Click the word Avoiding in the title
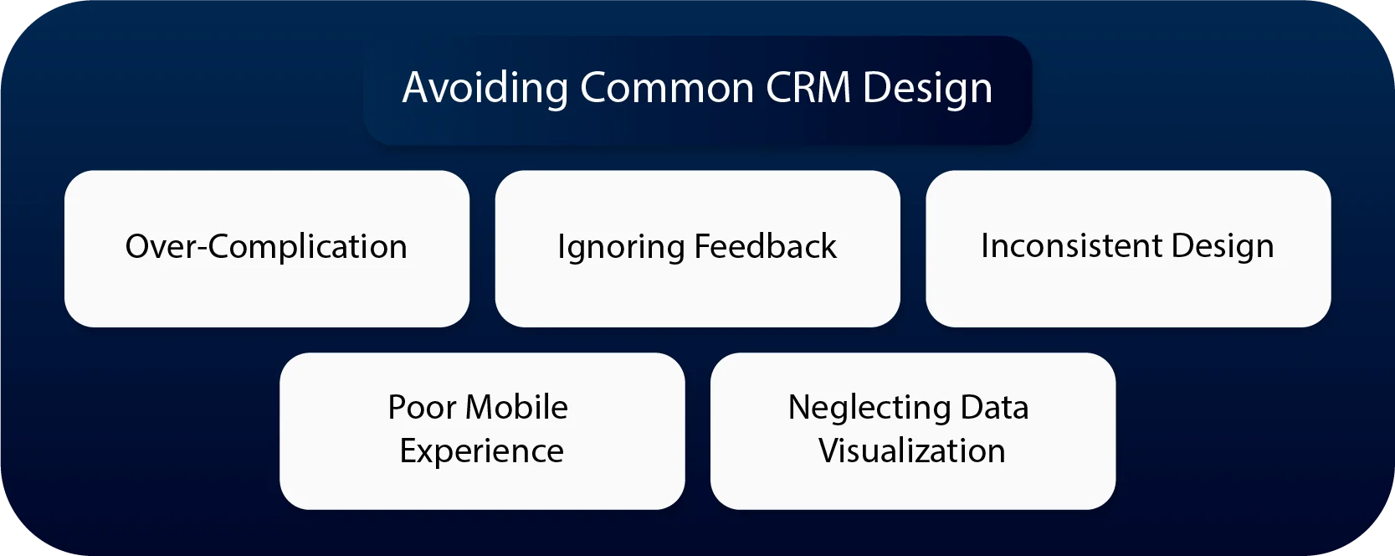click(485, 88)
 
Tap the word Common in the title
click(667, 88)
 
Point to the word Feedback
click(765, 247)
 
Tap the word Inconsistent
click(1071, 246)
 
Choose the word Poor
click(423, 408)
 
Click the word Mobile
click(517, 408)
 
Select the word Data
click(994, 408)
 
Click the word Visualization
click(911, 451)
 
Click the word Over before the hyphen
click(160, 247)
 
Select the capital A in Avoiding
click(416, 88)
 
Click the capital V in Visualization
click(828, 451)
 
